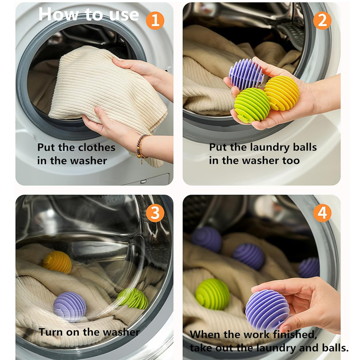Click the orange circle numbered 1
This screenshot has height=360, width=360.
click(155, 20)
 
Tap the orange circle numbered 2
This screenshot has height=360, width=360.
click(322, 20)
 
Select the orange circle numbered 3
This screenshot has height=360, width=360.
click(155, 213)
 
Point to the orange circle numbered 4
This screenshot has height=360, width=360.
click(322, 213)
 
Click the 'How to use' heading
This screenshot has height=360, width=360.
click(89, 14)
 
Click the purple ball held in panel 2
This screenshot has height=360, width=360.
click(247, 73)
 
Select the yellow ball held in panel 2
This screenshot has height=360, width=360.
click(282, 93)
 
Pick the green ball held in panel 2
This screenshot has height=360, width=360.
click(252, 105)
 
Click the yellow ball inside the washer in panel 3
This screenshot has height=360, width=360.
click(58, 262)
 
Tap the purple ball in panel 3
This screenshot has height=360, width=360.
click(70, 306)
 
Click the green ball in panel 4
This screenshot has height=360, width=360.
click(212, 293)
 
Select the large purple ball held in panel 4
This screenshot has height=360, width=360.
click(267, 310)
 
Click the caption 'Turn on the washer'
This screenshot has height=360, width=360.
click(89, 332)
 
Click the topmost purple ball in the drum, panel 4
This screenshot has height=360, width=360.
click(207, 239)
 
